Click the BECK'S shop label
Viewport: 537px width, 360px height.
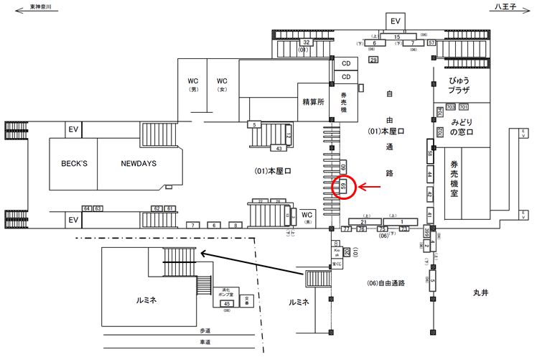tap(73, 163)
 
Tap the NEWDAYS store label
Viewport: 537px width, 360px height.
tap(139, 163)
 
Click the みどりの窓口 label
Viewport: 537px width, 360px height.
tap(459, 128)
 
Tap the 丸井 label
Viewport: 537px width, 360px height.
tap(480, 292)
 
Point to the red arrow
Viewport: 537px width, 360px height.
tap(371, 188)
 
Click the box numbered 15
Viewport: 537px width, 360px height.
tap(397, 36)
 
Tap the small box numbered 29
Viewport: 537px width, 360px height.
tap(373, 60)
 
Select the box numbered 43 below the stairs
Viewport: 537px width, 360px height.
tap(279, 149)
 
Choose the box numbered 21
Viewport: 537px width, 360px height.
tap(363, 221)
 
